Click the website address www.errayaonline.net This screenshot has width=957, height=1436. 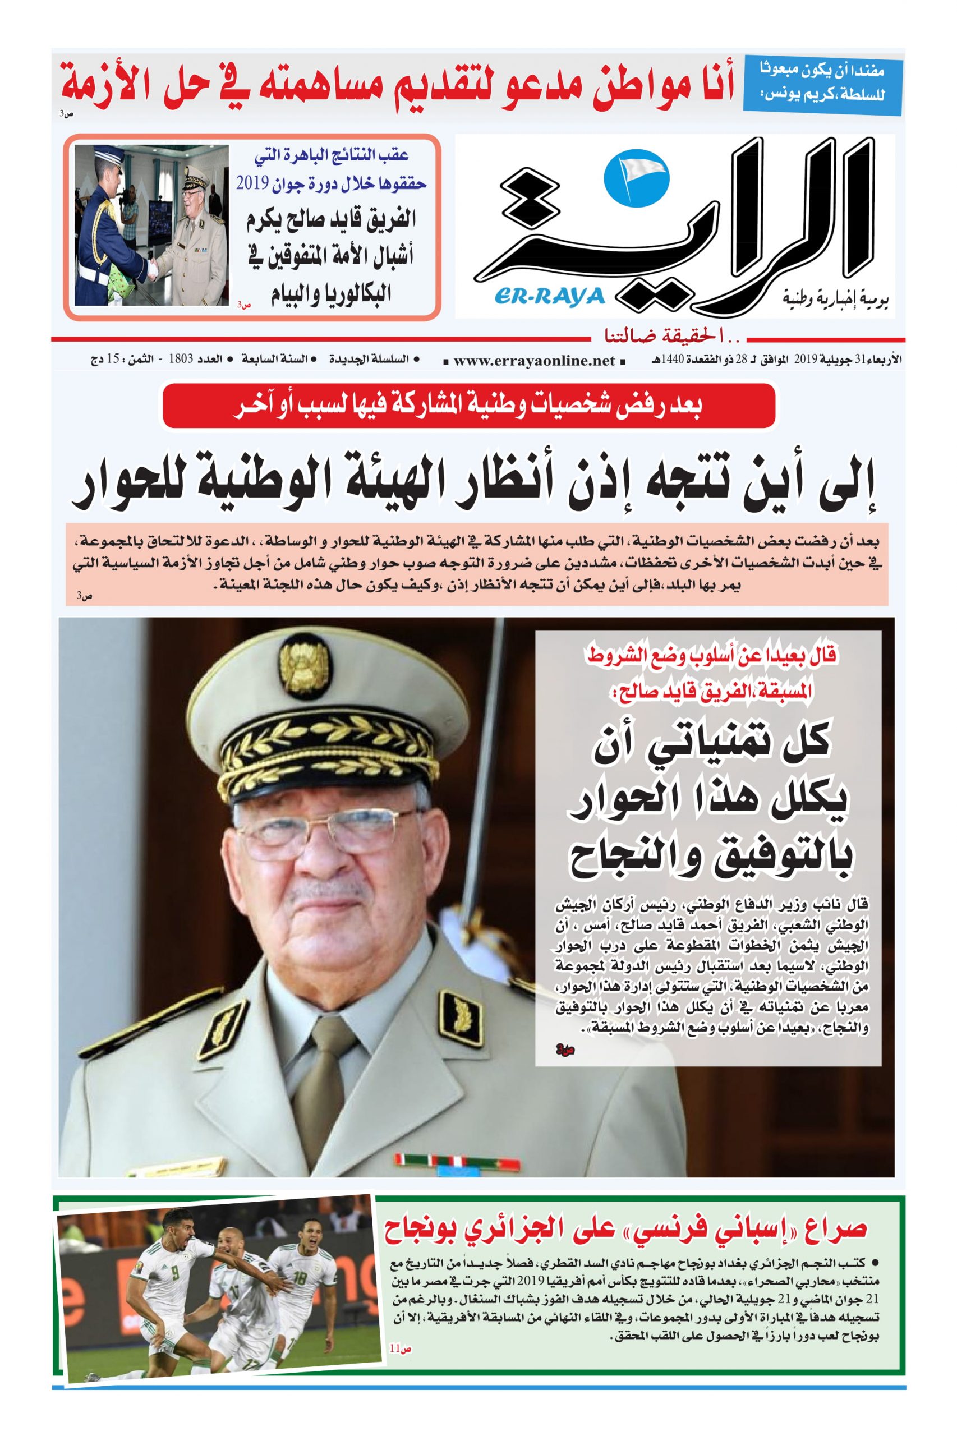pyautogui.click(x=534, y=361)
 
